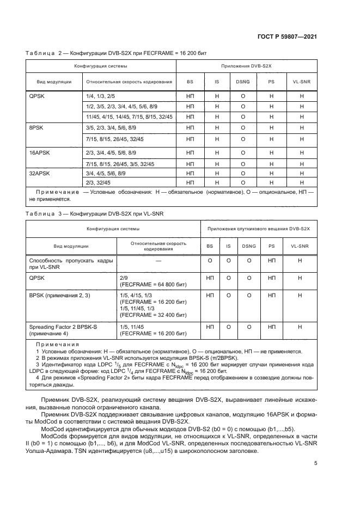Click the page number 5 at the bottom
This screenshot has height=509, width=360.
click(x=316, y=463)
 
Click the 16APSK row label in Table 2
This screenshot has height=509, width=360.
click(x=40, y=152)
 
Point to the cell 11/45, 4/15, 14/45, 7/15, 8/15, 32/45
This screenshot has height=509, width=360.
click(x=129, y=116)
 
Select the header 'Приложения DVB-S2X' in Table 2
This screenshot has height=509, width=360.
click(x=249, y=66)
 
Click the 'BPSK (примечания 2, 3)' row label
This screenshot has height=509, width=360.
click(x=59, y=295)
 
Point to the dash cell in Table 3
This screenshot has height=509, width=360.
click(x=158, y=261)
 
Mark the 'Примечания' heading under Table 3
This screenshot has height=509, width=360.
click(x=57, y=345)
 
